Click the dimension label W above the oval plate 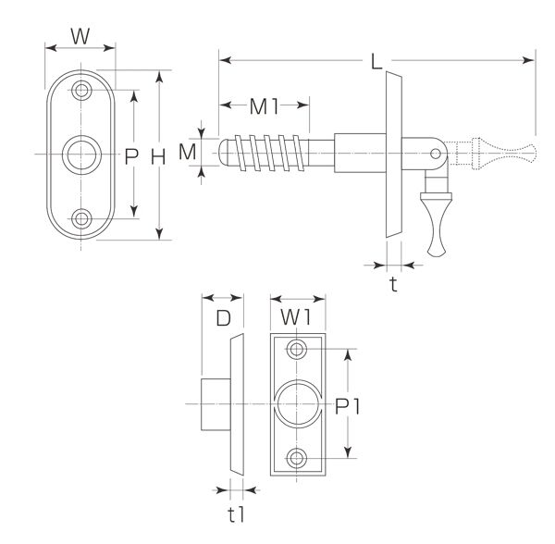point(80,36)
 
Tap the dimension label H point(158,156)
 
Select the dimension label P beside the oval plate point(131,156)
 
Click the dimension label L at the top point(376,61)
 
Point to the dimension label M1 point(265,106)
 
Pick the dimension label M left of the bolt point(187,153)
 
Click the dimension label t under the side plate point(393,284)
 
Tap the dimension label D point(223,318)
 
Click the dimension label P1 point(348,406)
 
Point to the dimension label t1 point(236,515)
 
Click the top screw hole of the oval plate point(81,91)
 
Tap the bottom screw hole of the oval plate point(81,218)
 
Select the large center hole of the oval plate point(81,155)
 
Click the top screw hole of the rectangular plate point(297,350)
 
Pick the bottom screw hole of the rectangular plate point(297,458)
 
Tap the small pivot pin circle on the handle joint point(436,154)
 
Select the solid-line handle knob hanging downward point(437,224)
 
